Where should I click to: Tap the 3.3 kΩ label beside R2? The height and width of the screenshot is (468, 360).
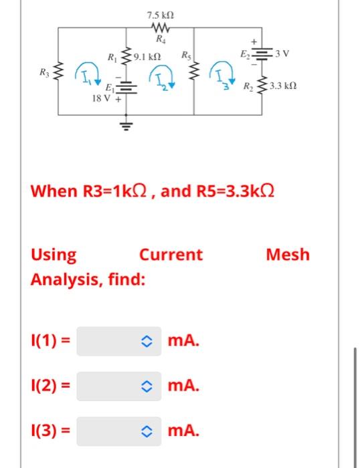[x=282, y=87]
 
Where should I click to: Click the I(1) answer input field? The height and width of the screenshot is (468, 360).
[x=119, y=341]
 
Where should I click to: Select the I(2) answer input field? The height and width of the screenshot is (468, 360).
[x=119, y=386]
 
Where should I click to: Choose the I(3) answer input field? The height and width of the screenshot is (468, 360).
[x=119, y=431]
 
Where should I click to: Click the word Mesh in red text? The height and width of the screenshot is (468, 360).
[x=288, y=255]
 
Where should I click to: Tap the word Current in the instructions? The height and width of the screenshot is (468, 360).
[x=170, y=255]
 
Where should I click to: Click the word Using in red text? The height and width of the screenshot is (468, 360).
[x=54, y=255]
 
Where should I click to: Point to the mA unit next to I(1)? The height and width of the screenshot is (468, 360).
[x=183, y=341]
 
